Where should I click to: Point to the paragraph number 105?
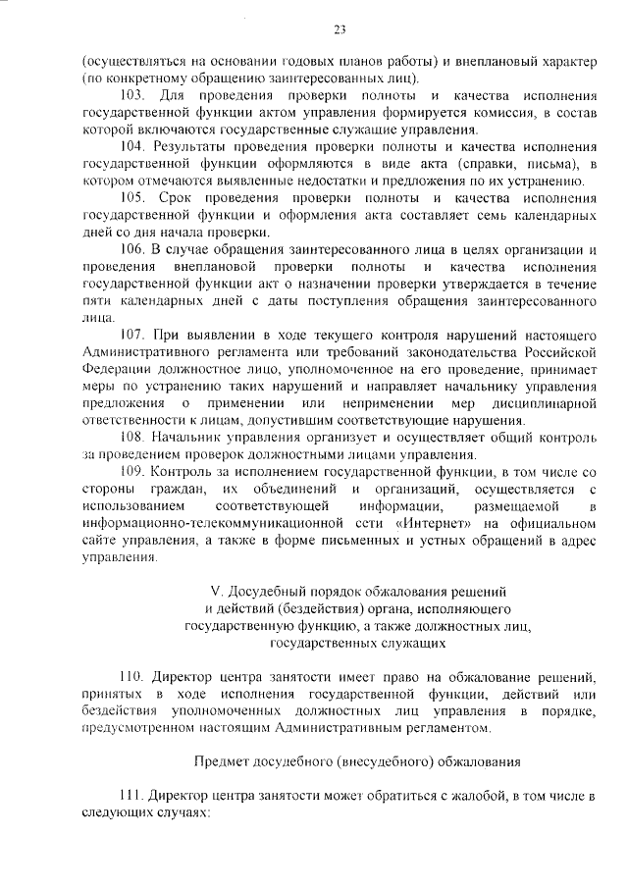pos(132,197)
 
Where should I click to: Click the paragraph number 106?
pos(132,249)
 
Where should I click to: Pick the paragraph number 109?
pos(132,471)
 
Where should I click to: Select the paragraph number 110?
pos(132,678)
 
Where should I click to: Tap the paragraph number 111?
pos(131,797)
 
